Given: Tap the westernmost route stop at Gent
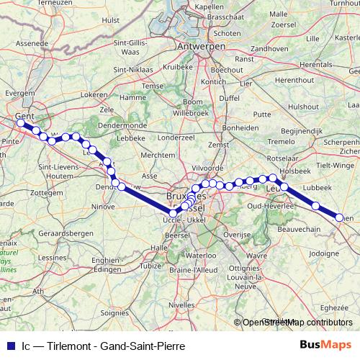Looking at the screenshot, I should [21, 123].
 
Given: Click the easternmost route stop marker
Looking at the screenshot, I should [339, 215].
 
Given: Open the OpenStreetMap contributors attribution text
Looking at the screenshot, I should [294, 323].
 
